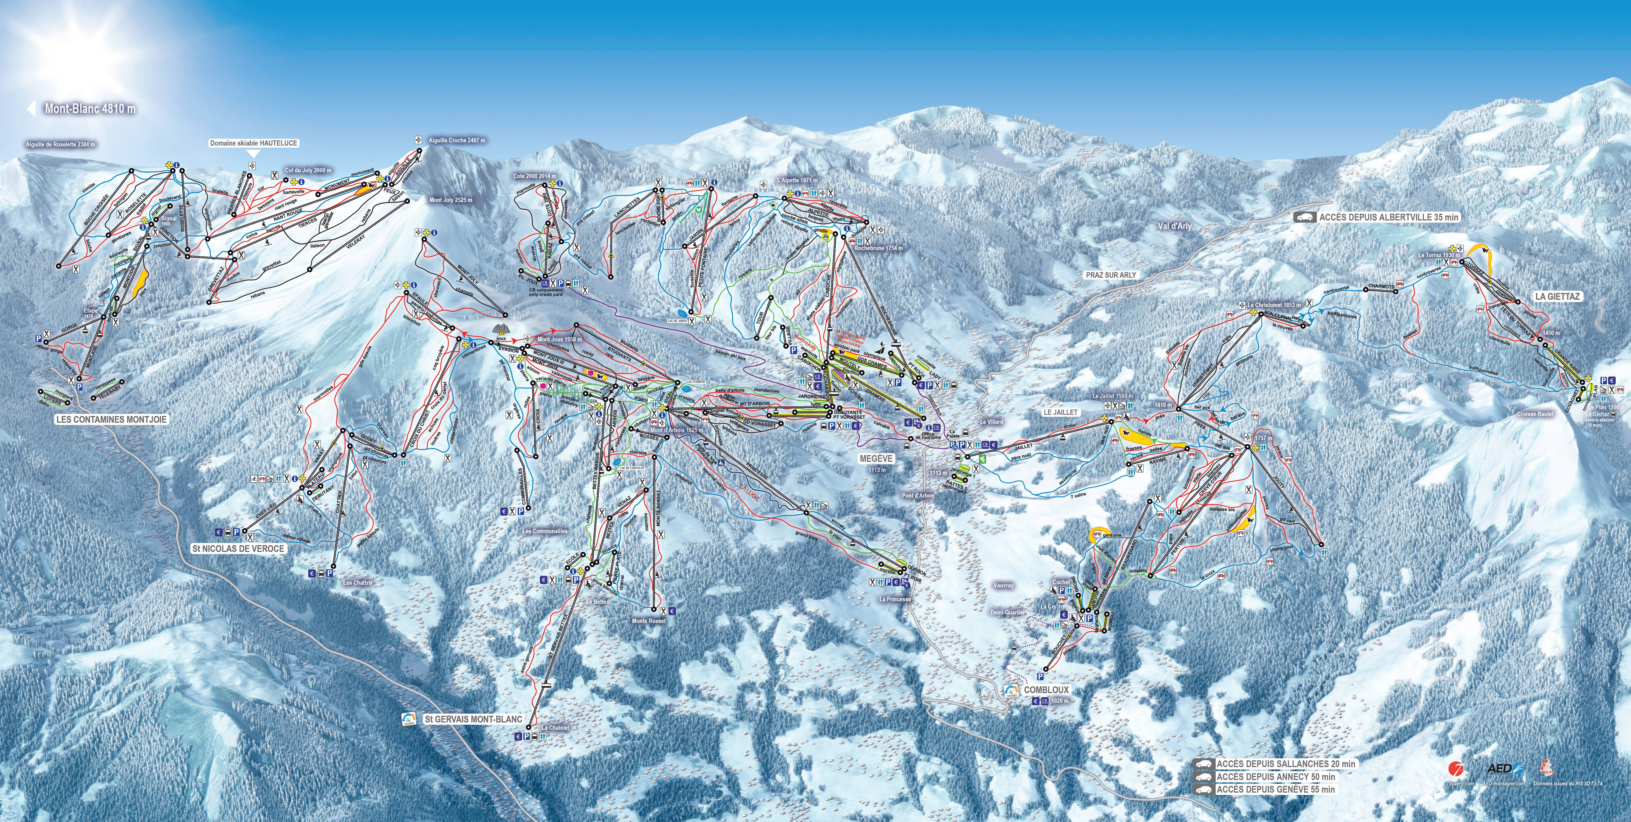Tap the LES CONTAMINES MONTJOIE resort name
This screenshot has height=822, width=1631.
pyautogui.click(x=112, y=419)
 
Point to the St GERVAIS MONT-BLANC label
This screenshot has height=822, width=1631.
pyautogui.click(x=474, y=719)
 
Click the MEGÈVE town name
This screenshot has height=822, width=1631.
pyautogui.click(x=876, y=459)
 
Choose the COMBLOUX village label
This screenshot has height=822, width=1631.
pyautogui.click(x=1046, y=690)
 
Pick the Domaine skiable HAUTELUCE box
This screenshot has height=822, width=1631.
pyautogui.click(x=253, y=143)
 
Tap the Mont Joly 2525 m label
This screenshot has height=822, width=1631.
pyautogui.click(x=451, y=200)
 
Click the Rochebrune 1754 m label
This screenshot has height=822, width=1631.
pyautogui.click(x=878, y=248)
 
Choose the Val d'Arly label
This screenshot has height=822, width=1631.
pyautogui.click(x=1174, y=225)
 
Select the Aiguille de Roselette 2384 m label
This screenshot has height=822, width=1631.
pyautogui.click(x=60, y=144)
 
